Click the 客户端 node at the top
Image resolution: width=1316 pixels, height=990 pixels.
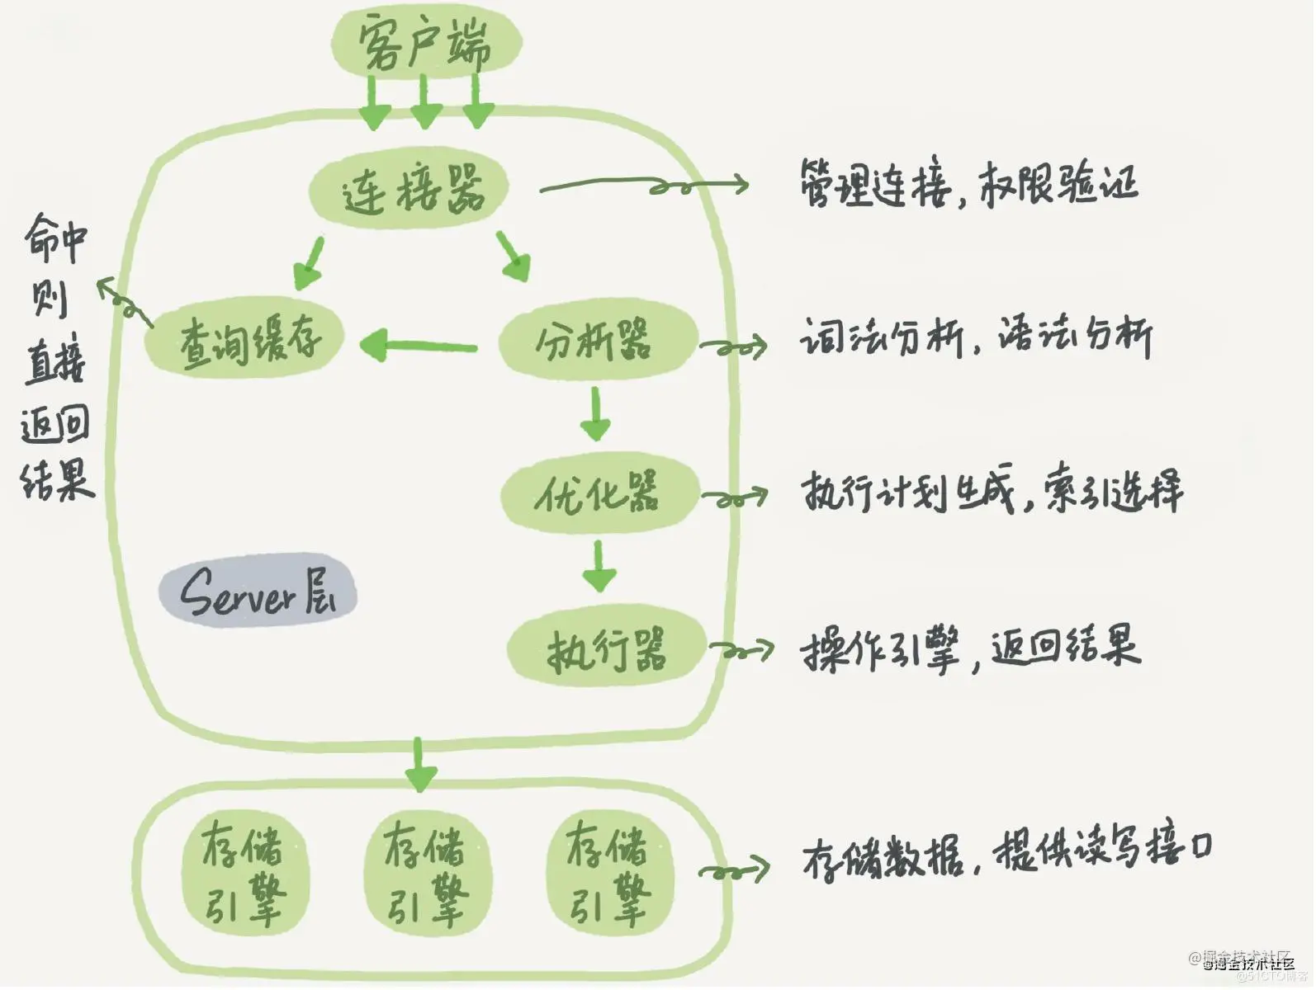click(x=426, y=43)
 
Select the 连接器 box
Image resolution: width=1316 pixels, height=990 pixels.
click(x=409, y=189)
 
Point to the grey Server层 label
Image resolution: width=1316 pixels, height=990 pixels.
click(x=258, y=591)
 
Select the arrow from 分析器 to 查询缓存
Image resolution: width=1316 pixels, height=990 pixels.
click(x=419, y=345)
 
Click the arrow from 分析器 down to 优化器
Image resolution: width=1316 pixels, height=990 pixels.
click(x=595, y=414)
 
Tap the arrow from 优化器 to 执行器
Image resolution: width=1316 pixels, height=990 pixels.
click(x=599, y=566)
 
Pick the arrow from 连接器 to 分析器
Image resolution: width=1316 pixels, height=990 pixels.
click(x=514, y=257)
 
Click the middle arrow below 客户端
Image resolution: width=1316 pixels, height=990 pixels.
click(x=425, y=103)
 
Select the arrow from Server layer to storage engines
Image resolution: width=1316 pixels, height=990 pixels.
click(x=419, y=765)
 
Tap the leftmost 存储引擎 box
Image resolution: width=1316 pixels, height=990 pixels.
click(x=244, y=873)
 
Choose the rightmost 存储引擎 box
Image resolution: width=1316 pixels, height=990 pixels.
click(x=609, y=873)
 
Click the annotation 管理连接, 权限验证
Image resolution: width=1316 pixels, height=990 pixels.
click(x=968, y=183)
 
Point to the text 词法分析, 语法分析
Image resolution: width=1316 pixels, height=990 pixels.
click(x=976, y=336)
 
